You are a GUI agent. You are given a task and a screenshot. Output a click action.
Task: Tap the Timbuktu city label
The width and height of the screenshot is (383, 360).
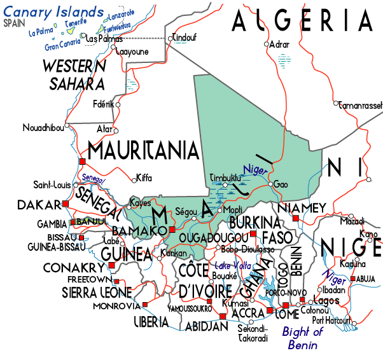pos(225,177)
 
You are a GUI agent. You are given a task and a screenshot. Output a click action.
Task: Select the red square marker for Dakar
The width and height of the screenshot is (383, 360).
pos(65,204)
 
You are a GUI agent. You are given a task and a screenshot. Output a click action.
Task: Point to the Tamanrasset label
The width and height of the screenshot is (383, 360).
pos(360,104)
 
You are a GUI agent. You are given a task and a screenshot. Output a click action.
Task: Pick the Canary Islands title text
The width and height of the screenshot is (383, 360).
pos(53,12)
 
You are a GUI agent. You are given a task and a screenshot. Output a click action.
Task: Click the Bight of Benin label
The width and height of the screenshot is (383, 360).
pos(303,338)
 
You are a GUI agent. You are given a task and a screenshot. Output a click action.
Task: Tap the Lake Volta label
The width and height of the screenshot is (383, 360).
pos(233,265)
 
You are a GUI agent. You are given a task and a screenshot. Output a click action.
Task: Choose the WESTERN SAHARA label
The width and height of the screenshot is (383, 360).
pos(74,74)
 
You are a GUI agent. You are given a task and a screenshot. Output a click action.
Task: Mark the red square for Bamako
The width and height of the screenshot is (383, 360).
pos(172,230)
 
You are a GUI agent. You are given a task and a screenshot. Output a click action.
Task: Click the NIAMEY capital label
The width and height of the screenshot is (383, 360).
pos(303,208)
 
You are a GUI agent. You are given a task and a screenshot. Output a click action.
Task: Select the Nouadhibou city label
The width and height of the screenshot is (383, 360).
pos(43,127)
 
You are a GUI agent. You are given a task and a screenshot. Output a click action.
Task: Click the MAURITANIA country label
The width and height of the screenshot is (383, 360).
pos(143,151)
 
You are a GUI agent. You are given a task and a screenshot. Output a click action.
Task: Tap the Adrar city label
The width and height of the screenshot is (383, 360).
pos(279,45)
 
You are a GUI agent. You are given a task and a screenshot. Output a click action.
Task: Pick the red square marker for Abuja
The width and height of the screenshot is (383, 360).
pos(353,278)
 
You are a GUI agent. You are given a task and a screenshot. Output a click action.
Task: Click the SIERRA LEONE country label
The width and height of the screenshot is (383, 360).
pos(97,293)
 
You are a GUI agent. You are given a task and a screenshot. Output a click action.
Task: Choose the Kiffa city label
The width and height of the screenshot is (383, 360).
pos(144,179)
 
